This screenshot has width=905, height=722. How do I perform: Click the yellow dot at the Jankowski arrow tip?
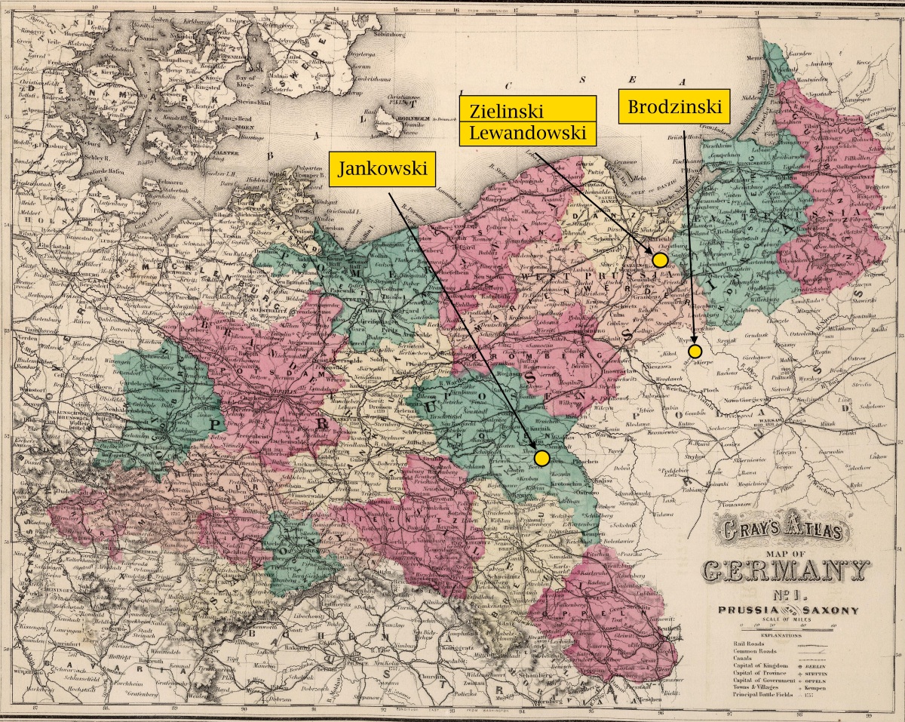pos(541,457)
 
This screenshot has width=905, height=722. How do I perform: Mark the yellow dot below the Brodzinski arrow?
pos(695,351)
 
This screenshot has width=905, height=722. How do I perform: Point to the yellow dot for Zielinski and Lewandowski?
pos(660,260)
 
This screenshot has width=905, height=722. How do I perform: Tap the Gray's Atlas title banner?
pos(784,530)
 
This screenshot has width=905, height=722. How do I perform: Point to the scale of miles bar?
pos(784,627)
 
